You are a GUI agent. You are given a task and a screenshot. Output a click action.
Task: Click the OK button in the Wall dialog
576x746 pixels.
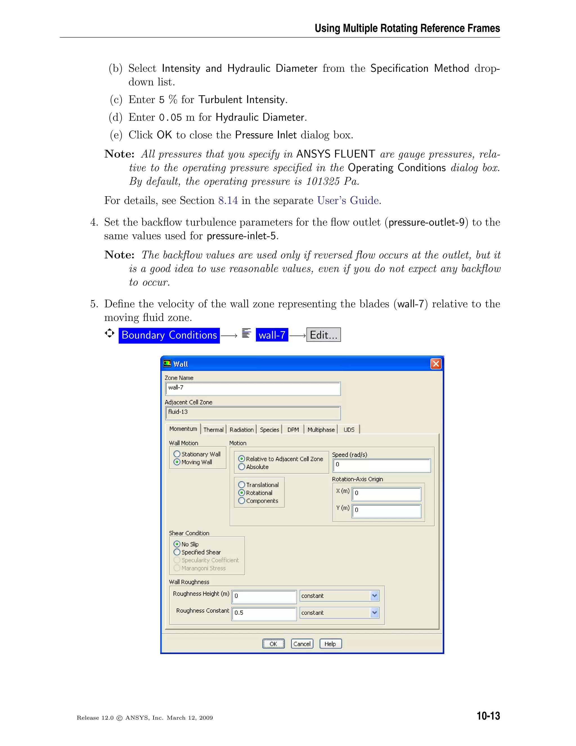point(273,644)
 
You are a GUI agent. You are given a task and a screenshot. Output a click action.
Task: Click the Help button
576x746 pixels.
point(330,644)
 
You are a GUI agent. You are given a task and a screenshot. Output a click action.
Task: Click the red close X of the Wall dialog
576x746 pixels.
point(436,364)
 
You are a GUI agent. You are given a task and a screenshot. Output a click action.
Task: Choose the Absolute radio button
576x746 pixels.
point(242,467)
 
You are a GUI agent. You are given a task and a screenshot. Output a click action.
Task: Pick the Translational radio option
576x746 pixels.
point(242,485)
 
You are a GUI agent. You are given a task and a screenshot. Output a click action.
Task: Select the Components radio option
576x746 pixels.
point(242,501)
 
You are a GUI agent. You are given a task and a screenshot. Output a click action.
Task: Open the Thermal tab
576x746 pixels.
point(213,430)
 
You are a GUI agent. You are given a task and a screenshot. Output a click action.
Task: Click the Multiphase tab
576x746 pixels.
point(321,430)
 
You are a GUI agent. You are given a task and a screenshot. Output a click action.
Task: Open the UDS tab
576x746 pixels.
point(349,430)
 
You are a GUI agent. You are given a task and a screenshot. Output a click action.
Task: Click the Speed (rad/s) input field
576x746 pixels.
point(381,465)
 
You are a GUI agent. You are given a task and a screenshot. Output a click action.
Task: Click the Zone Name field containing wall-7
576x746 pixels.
point(253,388)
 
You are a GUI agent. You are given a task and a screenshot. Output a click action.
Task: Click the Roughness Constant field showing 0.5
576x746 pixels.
point(264,613)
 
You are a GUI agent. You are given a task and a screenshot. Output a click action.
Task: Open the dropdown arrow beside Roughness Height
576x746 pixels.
point(374,596)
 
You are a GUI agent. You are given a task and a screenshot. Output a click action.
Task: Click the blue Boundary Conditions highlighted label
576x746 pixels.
point(169,335)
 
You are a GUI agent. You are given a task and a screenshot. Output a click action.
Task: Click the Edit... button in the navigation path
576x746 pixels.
point(323,335)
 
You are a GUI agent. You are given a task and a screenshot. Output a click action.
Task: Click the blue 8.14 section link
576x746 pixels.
point(228,200)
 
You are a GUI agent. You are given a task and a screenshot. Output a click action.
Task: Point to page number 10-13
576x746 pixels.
point(488,716)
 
